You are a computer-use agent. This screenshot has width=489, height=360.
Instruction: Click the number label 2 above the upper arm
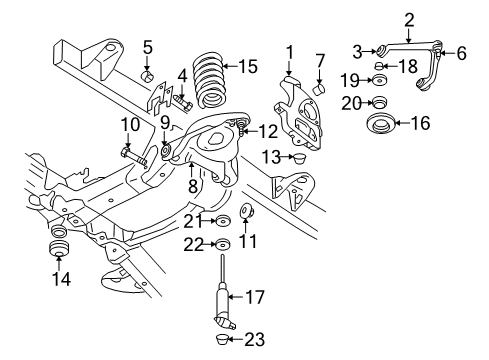coord(409,18)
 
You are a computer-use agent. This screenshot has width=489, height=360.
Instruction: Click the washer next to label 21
coord(224,220)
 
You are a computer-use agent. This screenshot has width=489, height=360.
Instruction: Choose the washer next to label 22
coord(223,245)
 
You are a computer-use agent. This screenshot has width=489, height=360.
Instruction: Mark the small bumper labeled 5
coord(147,75)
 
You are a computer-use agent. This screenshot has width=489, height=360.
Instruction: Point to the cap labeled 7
coord(320,87)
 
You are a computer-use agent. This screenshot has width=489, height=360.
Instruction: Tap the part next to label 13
coord(296,157)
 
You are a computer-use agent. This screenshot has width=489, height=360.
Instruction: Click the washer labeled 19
coord(379,79)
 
